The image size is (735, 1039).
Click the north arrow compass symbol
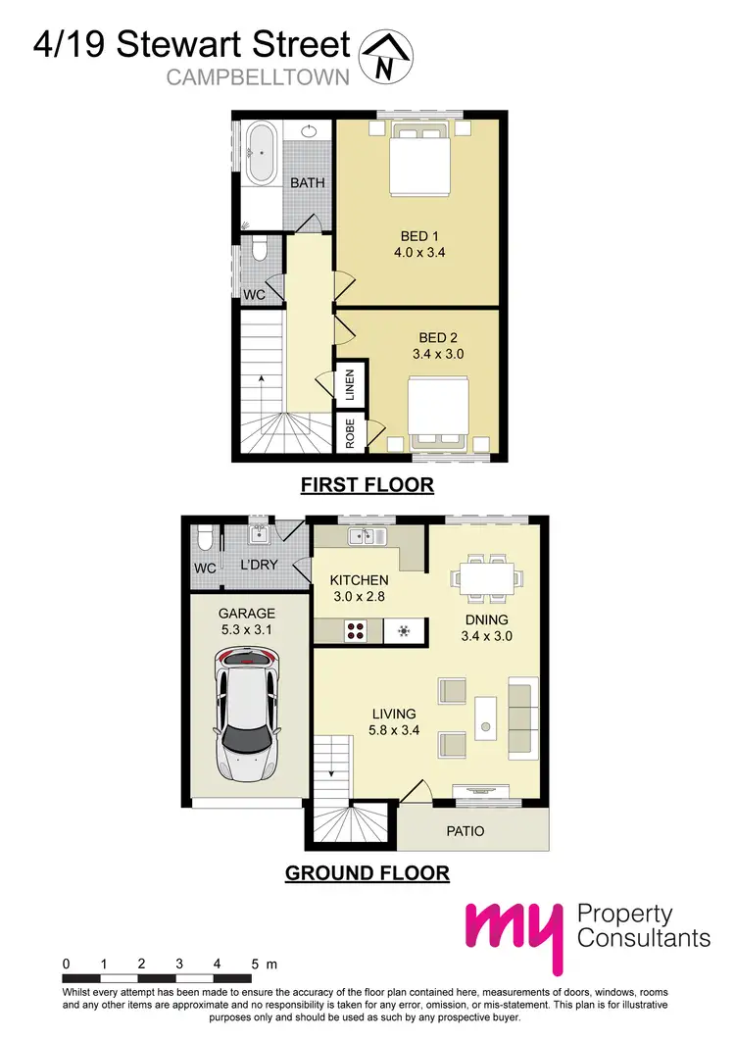(x=388, y=55)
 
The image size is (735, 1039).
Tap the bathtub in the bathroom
(x=261, y=153)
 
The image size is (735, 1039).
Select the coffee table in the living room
(x=485, y=717)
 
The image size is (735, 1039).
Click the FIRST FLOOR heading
(x=367, y=484)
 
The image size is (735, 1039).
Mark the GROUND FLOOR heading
(x=367, y=873)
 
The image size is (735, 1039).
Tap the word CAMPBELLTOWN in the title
(x=258, y=78)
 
